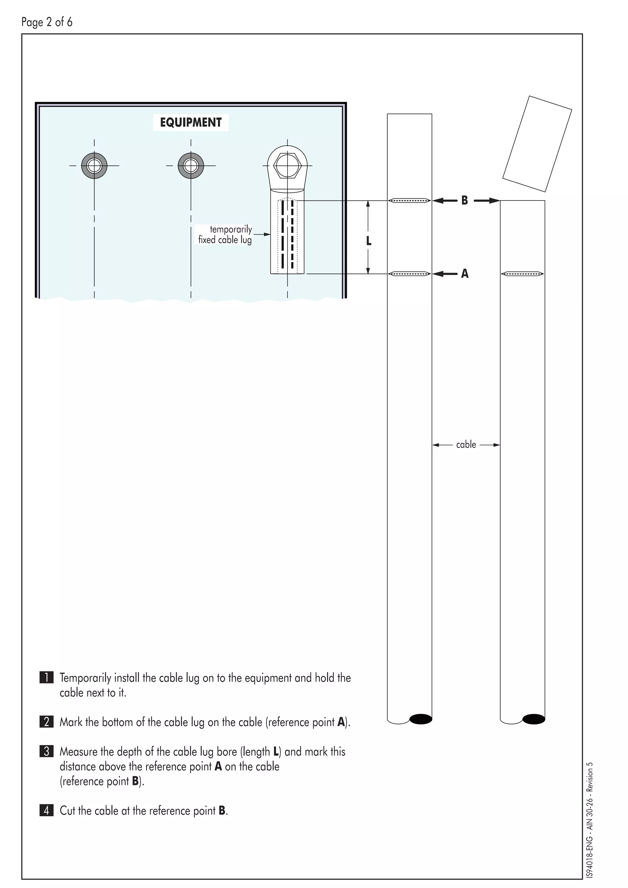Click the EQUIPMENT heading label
tap(191, 122)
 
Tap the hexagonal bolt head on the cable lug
tap(287, 166)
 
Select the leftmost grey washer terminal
tap(94, 166)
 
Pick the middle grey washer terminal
tap(191, 166)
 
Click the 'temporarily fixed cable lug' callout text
tap(225, 234)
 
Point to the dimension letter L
tap(369, 241)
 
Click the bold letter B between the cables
tap(465, 200)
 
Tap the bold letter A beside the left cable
tap(465, 274)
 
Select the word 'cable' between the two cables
tap(466, 445)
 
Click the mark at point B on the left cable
tap(409, 200)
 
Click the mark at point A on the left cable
tap(409, 274)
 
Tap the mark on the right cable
tap(523, 274)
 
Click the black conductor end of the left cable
tap(420, 719)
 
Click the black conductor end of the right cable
tap(534, 719)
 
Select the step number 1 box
tap(46, 678)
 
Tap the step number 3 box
tap(46, 752)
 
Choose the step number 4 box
tap(46, 810)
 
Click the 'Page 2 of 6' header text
tap(47, 22)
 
